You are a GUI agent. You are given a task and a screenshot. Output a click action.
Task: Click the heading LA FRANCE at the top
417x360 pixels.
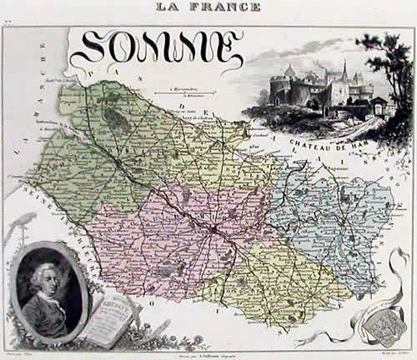click(x=208, y=7)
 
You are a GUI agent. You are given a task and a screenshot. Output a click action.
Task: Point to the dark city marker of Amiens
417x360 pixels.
click(x=215, y=227)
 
